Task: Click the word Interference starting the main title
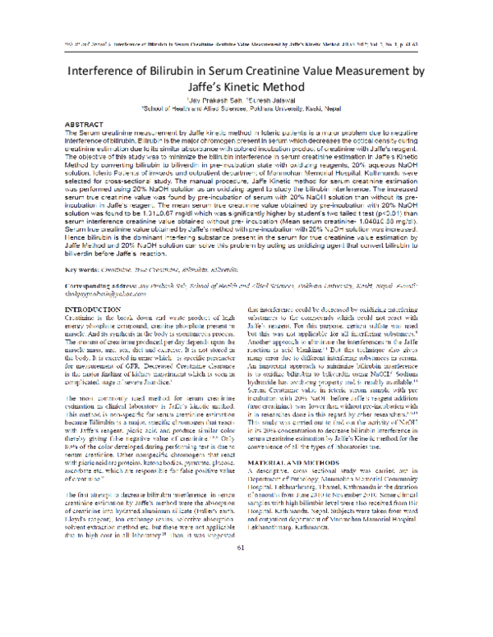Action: click(x=108, y=72)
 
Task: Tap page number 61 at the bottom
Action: click(x=246, y=617)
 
